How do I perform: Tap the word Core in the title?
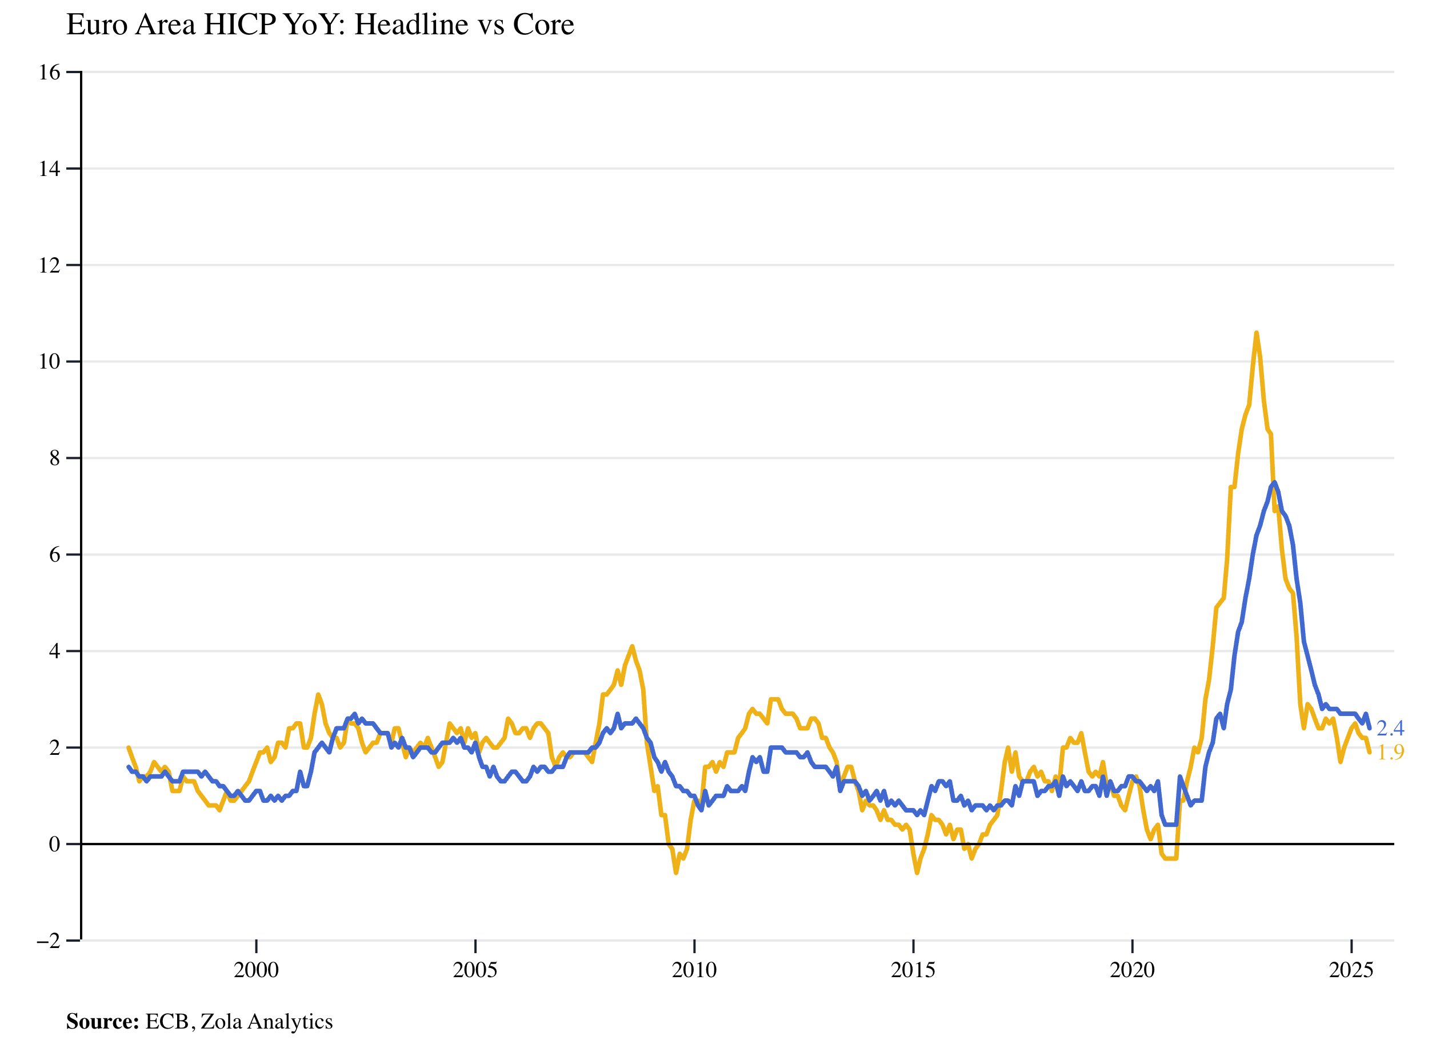click(x=543, y=25)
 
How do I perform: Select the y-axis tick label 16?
click(x=50, y=73)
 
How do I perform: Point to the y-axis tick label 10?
click(x=50, y=362)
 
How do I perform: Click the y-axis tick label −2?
click(x=48, y=941)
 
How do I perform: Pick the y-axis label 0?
click(x=55, y=845)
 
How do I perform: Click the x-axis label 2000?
click(x=256, y=970)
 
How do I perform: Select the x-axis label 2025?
click(x=1351, y=970)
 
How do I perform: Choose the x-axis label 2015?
click(x=913, y=970)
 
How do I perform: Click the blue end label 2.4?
click(x=1390, y=728)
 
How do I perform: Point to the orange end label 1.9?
click(x=1390, y=753)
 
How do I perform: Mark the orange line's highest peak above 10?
click(x=1257, y=333)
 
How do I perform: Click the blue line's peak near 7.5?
click(x=1274, y=482)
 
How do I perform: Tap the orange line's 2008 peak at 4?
click(x=632, y=646)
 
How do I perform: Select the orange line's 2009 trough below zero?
click(x=675, y=873)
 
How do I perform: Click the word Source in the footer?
click(x=102, y=1022)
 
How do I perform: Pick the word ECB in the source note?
click(x=167, y=1022)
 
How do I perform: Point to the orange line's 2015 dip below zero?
click(x=917, y=873)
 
